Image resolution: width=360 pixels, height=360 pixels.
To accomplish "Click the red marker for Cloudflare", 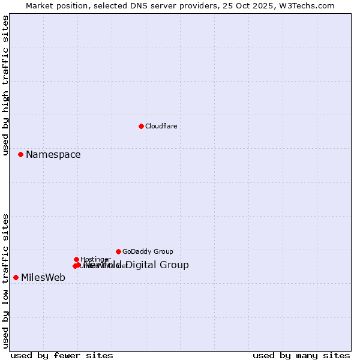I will click(x=141, y=126).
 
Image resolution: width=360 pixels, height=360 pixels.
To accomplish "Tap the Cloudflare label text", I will click(x=161, y=126).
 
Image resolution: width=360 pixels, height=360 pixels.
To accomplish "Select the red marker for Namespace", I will click(x=20, y=154).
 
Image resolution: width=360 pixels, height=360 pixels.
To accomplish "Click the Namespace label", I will click(x=53, y=155).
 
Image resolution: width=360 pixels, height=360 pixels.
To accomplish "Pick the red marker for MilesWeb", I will click(x=16, y=277).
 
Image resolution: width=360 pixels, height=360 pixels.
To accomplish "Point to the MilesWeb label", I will click(x=43, y=277).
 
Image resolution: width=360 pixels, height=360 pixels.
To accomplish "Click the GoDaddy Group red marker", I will click(x=118, y=251).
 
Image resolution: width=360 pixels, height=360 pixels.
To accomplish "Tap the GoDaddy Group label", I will click(x=148, y=252).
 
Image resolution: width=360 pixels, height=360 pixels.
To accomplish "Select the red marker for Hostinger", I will click(x=76, y=259).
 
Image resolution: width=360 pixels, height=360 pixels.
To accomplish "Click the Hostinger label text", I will click(x=95, y=260).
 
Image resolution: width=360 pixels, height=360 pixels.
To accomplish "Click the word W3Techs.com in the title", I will click(x=310, y=6).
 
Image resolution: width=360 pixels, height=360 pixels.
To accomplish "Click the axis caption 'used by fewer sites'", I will click(x=62, y=355).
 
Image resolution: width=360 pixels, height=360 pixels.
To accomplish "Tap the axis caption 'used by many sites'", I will click(x=301, y=355).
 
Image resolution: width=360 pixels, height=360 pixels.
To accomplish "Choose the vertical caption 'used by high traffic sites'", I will click(x=6, y=86).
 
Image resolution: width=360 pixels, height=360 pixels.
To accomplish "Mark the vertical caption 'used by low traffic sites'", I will click(x=6, y=280).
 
